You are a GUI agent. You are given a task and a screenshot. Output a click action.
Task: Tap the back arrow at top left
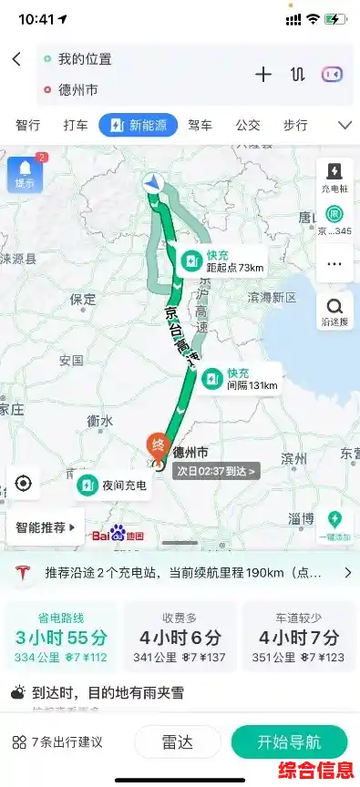click(x=16, y=59)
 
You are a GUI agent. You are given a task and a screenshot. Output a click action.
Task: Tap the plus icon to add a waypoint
click(x=263, y=75)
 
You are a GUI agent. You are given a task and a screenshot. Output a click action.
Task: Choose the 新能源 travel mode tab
click(x=138, y=125)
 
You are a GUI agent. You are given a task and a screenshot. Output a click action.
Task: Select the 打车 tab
click(x=76, y=125)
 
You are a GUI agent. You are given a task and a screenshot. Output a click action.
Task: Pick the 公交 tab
click(x=248, y=125)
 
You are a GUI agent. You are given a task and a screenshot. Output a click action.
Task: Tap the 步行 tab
click(x=295, y=125)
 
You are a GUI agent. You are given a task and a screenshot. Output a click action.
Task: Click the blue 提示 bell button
click(x=24, y=173)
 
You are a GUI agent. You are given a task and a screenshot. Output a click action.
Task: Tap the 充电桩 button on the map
click(x=334, y=177)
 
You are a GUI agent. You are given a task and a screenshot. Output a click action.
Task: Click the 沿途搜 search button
click(x=334, y=311)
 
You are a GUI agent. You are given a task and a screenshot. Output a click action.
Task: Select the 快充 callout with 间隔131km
click(x=240, y=378)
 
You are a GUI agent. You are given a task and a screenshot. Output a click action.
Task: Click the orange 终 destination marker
click(x=158, y=445)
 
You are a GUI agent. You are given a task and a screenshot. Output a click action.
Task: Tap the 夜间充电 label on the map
click(x=112, y=485)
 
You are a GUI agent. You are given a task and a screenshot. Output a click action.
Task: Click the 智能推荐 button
click(x=46, y=526)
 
